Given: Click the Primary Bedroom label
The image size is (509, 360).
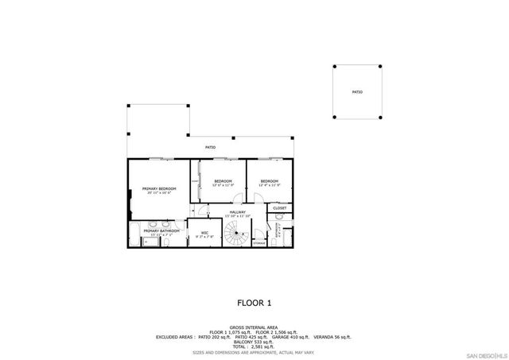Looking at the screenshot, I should click(159, 188).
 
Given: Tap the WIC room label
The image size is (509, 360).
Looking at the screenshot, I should click(204, 233).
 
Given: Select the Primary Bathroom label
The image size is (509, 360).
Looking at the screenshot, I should click(156, 231).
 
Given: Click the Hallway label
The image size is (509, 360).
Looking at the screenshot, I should click(238, 212).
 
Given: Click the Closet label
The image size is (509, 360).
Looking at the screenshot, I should click(279, 208).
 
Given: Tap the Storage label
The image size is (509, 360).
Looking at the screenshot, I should click(259, 242).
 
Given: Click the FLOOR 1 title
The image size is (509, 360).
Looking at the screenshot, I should click(254, 303).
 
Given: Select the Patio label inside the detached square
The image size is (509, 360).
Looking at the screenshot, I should click(357, 92).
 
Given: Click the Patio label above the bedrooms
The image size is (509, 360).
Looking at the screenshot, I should click(211, 147).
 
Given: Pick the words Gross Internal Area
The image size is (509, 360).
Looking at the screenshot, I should click(254, 326).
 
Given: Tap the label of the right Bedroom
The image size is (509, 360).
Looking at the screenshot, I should click(270, 182).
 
